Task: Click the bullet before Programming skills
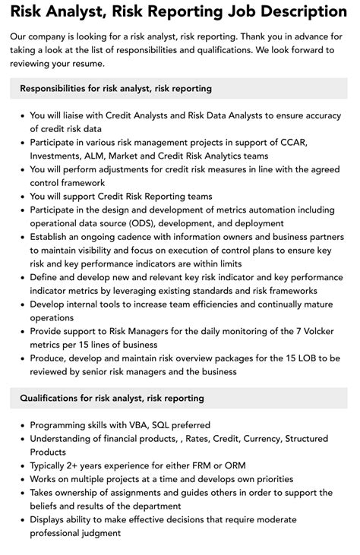21,425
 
